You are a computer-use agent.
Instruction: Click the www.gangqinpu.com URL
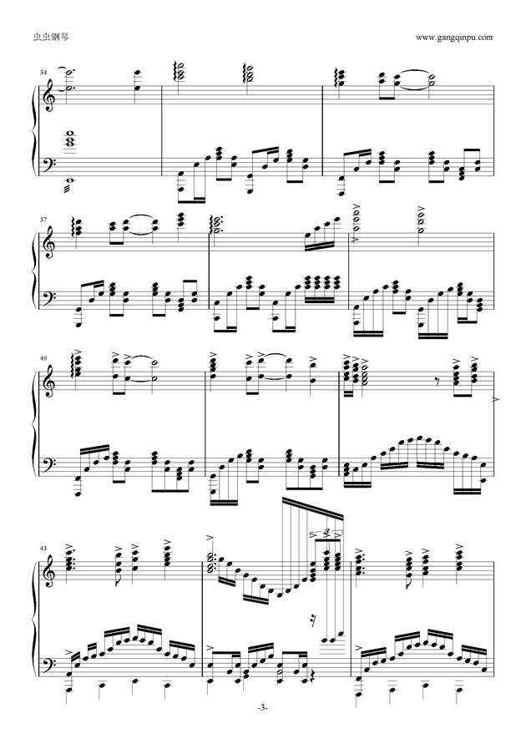tap(454, 38)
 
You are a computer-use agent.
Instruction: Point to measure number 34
tap(43, 72)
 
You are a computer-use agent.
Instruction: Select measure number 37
tap(43, 220)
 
